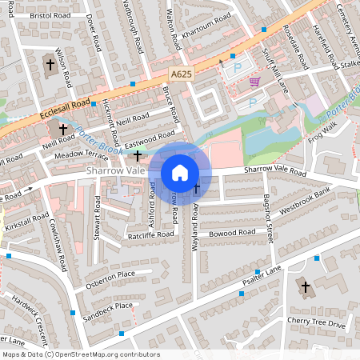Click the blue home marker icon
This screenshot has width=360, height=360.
coord(180,173)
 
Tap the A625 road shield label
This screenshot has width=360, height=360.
coord(181,73)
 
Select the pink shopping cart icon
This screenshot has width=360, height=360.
coord(254,82)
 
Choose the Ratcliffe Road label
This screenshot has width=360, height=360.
coord(150,235)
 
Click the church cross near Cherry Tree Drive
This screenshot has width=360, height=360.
coord(304,286)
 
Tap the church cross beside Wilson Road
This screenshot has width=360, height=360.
coord(50,64)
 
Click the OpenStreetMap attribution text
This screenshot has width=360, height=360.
coord(81,354)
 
